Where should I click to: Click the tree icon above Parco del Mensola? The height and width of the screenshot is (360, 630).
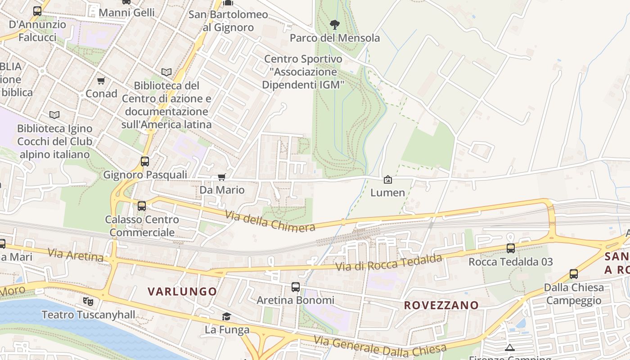pos(334,24)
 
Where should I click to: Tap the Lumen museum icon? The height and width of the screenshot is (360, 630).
pos(387,180)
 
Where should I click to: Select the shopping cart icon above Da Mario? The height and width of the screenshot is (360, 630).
pos(221,177)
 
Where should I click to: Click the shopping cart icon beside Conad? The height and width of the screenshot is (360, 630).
pos(101,81)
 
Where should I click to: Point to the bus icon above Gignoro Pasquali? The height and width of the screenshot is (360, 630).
pos(144,161)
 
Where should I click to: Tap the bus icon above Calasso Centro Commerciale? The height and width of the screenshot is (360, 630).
pos(141,206)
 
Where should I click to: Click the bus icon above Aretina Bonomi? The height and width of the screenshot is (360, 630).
pos(295,287)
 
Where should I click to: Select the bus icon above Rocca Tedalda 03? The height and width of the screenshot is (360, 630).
pos(510,248)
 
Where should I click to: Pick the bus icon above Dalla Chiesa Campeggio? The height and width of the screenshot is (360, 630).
pos(573,274)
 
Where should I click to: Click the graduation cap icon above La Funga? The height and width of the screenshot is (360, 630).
pos(226,316)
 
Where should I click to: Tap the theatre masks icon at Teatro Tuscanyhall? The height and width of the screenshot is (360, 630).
pos(88,301)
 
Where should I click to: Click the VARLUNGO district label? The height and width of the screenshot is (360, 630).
pos(182,291)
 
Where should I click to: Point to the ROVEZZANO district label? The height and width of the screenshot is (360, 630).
pos(441,305)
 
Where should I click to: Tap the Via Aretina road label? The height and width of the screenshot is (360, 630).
pos(75,255)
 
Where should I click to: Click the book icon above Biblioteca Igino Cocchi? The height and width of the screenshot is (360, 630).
pos(54,115)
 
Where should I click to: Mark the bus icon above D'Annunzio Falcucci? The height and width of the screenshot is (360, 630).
pos(37,11)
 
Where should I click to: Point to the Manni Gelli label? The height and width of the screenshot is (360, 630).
pos(126,13)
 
